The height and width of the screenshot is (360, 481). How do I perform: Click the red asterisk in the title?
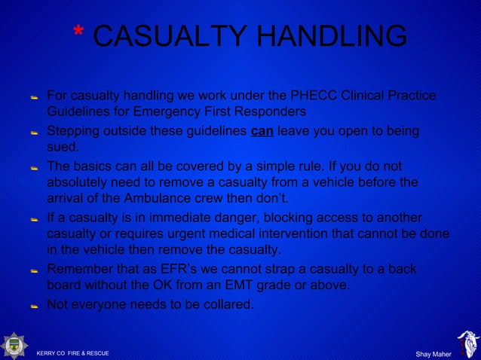(78, 32)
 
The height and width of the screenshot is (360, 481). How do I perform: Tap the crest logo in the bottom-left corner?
(14, 345)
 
